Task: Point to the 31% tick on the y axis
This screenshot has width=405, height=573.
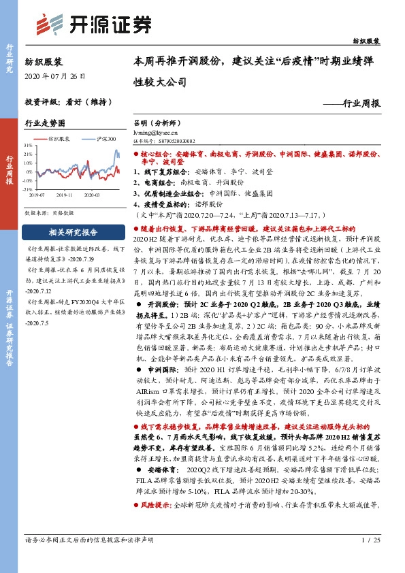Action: (28, 146)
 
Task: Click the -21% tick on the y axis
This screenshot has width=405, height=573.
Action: (28, 190)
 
